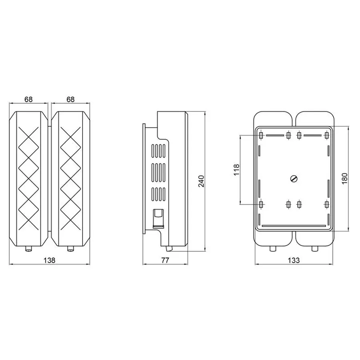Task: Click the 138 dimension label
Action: pyautogui.click(x=49, y=260)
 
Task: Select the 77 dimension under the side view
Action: pyautogui.click(x=166, y=260)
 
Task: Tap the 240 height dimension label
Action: pyautogui.click(x=201, y=181)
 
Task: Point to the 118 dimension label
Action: pyautogui.click(x=236, y=170)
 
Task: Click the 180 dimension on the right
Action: pyautogui.click(x=345, y=178)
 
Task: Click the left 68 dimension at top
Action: pyautogui.click(x=28, y=99)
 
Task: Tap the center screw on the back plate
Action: pyautogui.click(x=294, y=179)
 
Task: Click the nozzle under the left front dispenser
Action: pyautogui.click(x=28, y=249)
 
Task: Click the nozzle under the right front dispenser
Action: pyautogui.click(x=71, y=249)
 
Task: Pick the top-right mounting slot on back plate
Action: pyautogui.click(x=327, y=136)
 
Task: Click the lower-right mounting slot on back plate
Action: pyautogui.click(x=327, y=204)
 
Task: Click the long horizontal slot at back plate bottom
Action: pyautogui.click(x=294, y=226)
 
